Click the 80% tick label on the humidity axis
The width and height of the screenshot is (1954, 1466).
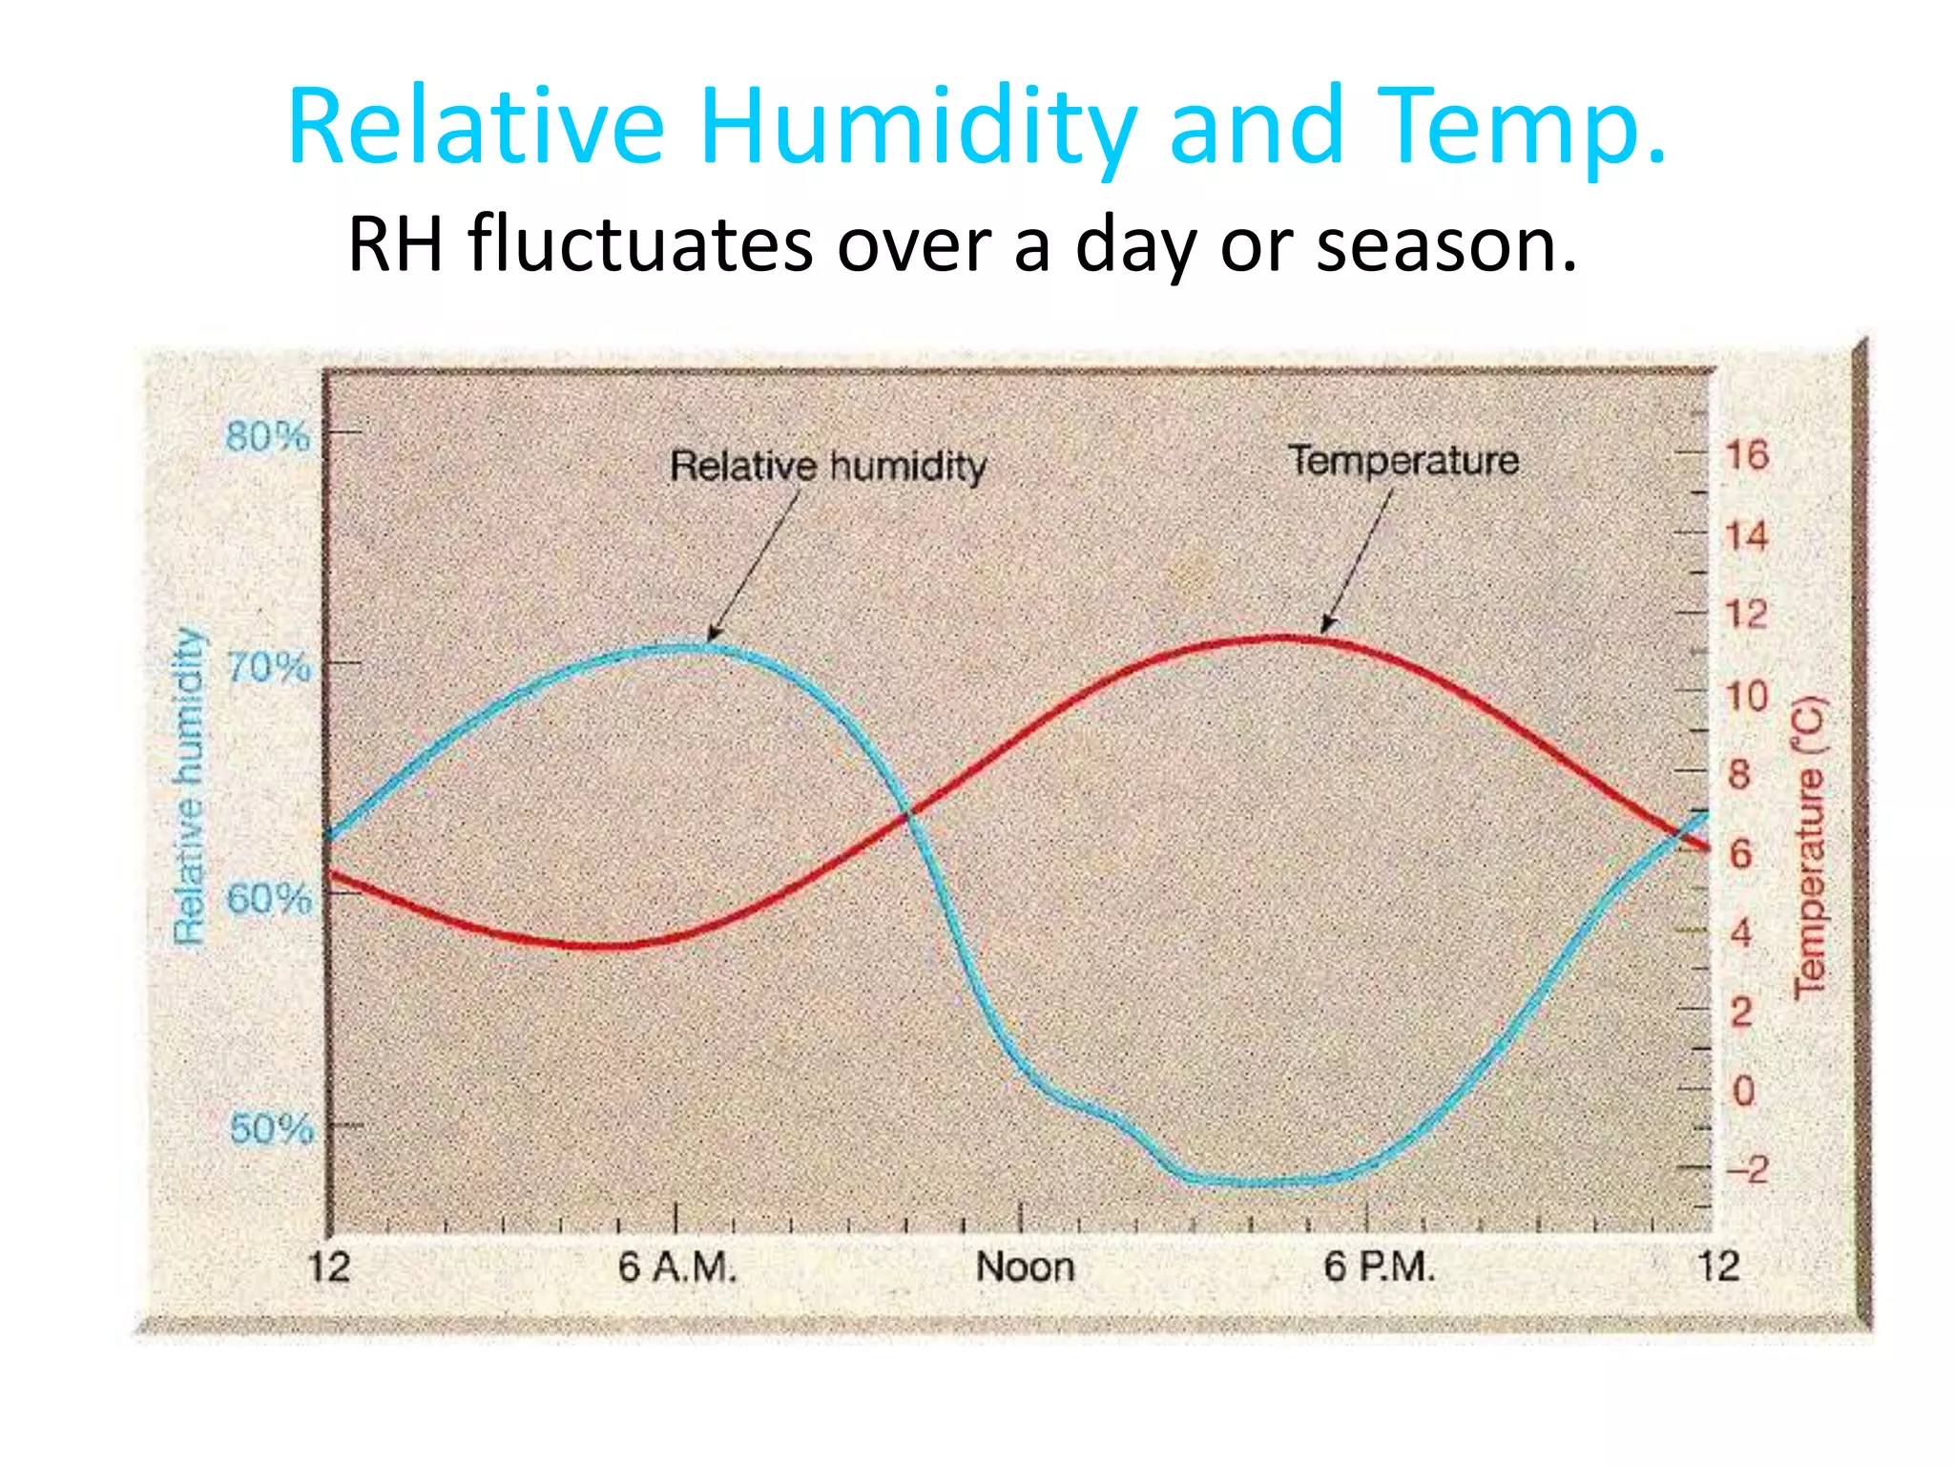pos(268,437)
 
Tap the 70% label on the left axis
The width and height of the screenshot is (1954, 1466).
pos(269,667)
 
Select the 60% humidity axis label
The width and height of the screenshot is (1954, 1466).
pos(269,899)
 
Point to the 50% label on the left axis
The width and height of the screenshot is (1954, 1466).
pos(271,1129)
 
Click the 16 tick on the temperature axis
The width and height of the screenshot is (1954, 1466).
pos(1746,455)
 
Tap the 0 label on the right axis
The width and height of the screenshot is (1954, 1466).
pos(1743,1090)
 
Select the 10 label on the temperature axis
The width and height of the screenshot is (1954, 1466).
pos(1746,696)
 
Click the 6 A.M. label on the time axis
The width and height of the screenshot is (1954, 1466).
pos(677,1267)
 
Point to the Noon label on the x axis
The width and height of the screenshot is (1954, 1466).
pos(1025,1267)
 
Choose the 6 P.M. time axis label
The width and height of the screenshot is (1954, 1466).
pos(1379,1267)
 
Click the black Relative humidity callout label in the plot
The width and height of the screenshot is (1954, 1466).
pos(827,467)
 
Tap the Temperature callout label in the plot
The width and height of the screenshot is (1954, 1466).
pos(1403,461)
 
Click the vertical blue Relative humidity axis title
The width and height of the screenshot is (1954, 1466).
pos(190,786)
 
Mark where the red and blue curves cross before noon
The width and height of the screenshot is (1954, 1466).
pos(909,814)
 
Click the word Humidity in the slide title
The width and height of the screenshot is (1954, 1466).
pos(917,129)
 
